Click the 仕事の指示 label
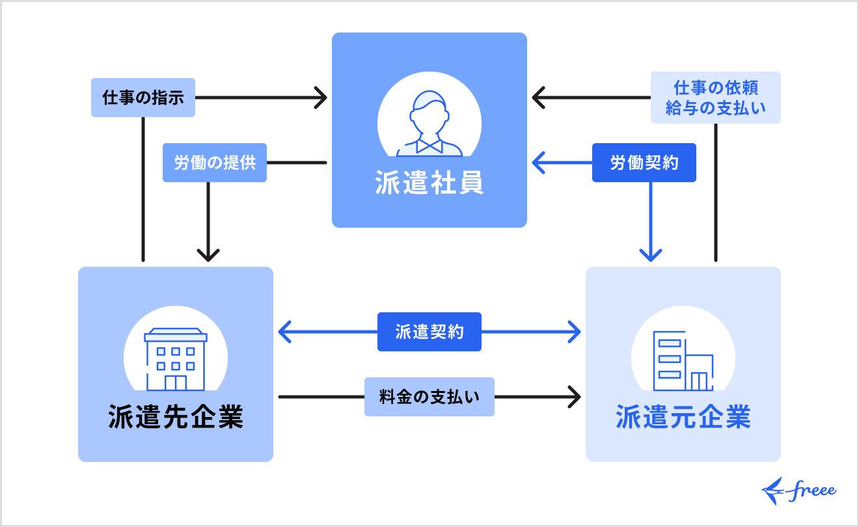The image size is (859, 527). coord(143,98)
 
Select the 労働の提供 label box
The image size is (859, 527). coord(215,163)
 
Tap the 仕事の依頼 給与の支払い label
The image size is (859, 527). coord(716,98)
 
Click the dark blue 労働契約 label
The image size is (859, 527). coord(644,163)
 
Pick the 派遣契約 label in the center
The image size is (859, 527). coord(429,332)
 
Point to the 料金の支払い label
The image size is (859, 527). coord(429,397)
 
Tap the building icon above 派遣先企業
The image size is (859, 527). coord(176,358)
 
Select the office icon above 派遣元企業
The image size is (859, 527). coord(683,361)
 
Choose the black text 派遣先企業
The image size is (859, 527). coord(176,418)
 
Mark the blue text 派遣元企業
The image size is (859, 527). coord(683,418)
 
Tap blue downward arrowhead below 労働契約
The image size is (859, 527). coord(651,255)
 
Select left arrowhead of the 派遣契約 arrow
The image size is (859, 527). coord(284,332)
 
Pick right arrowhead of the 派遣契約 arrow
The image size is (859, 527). coord(575,332)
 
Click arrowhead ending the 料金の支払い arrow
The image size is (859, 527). coord(575,397)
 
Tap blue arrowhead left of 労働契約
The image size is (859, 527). coord(538,163)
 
